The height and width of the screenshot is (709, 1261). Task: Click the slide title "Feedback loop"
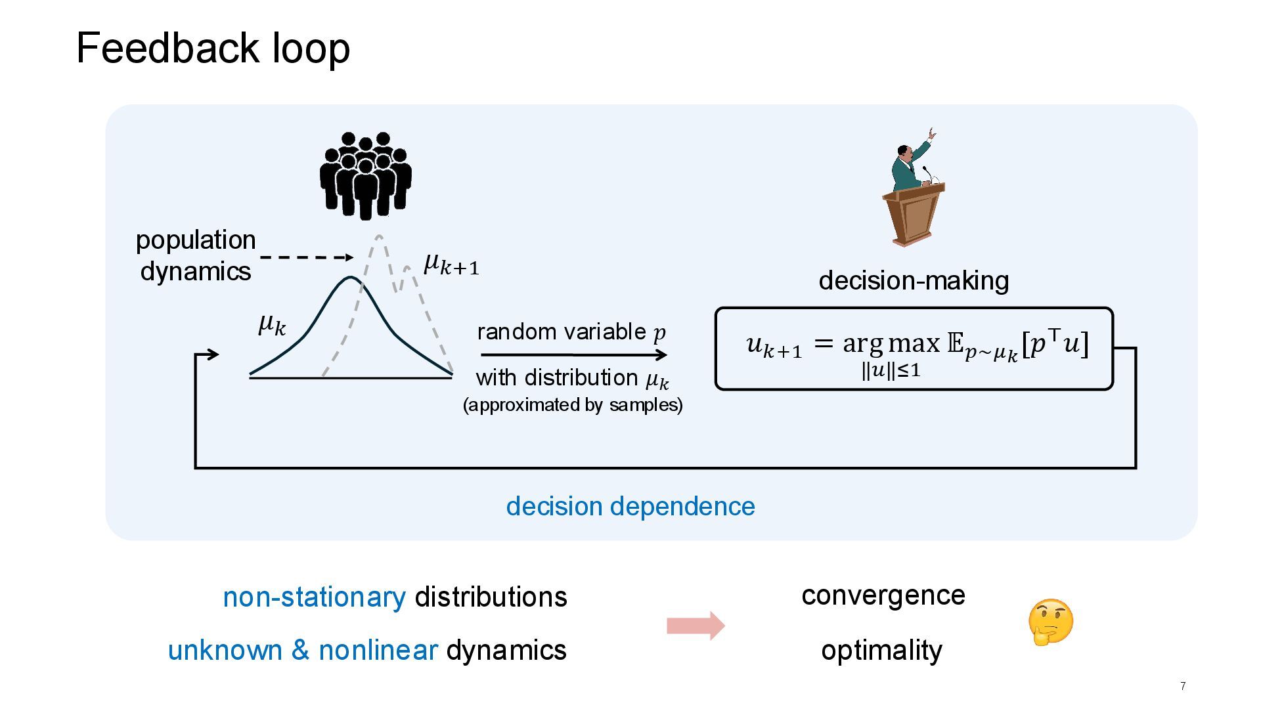pyautogui.click(x=213, y=49)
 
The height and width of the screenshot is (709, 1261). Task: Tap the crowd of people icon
pyautogui.click(x=366, y=175)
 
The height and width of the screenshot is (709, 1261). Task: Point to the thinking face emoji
pyautogui.click(x=1050, y=622)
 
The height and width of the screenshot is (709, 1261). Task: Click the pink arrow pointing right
pyautogui.click(x=696, y=625)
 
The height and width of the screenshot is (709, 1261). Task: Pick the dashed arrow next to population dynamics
pyautogui.click(x=307, y=257)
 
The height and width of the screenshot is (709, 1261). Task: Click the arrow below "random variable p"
pyautogui.click(x=573, y=355)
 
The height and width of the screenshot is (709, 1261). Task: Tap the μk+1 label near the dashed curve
pyautogui.click(x=452, y=264)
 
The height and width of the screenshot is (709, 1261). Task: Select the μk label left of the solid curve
pyautogui.click(x=272, y=324)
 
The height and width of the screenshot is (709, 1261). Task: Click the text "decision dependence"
pyautogui.click(x=630, y=506)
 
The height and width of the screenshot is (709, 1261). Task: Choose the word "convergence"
pyautogui.click(x=883, y=595)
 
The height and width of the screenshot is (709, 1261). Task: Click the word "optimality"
pyautogui.click(x=881, y=650)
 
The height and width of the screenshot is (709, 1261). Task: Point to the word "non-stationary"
pyautogui.click(x=314, y=597)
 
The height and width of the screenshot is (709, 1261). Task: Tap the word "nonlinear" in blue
pyautogui.click(x=378, y=650)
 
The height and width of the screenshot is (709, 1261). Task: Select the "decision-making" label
pyautogui.click(x=914, y=280)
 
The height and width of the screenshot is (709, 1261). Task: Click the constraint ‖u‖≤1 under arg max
pyautogui.click(x=891, y=371)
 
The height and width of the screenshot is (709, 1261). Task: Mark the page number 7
pyautogui.click(x=1183, y=686)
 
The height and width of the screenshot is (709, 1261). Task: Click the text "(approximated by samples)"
pyautogui.click(x=573, y=404)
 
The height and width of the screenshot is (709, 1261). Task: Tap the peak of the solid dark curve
pyautogui.click(x=349, y=278)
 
